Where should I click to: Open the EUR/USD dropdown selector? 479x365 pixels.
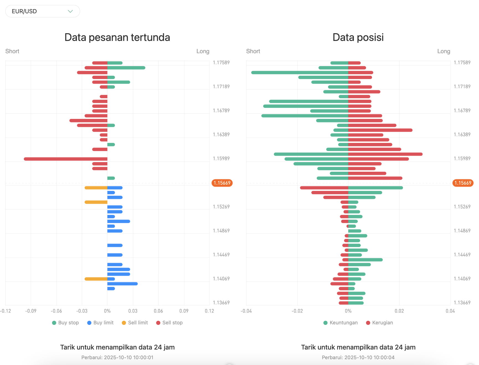click(43, 11)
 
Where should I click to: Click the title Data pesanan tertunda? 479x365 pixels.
click(117, 37)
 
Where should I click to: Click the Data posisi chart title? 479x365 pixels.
click(358, 37)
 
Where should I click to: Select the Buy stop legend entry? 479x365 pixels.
click(65, 323)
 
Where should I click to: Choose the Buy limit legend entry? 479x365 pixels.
click(100, 323)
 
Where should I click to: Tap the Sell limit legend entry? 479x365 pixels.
click(135, 323)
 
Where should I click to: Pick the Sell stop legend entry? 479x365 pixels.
click(169, 323)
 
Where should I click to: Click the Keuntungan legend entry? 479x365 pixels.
click(341, 323)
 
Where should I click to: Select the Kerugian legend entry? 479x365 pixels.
click(379, 323)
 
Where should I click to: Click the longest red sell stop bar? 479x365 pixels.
click(66, 159)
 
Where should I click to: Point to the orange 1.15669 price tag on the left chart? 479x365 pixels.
click(222, 183)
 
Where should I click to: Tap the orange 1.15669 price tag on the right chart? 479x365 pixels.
click(463, 183)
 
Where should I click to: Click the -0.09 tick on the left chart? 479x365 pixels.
click(31, 311)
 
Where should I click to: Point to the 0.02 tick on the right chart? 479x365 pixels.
click(399, 311)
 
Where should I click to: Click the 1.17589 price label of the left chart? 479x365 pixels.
click(221, 62)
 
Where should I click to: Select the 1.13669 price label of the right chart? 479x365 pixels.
click(462, 303)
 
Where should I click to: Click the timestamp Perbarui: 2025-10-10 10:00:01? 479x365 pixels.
click(117, 357)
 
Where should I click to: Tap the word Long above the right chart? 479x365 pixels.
click(444, 51)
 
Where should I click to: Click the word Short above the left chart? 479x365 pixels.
click(12, 51)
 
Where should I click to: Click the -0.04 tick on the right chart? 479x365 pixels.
click(246, 311)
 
